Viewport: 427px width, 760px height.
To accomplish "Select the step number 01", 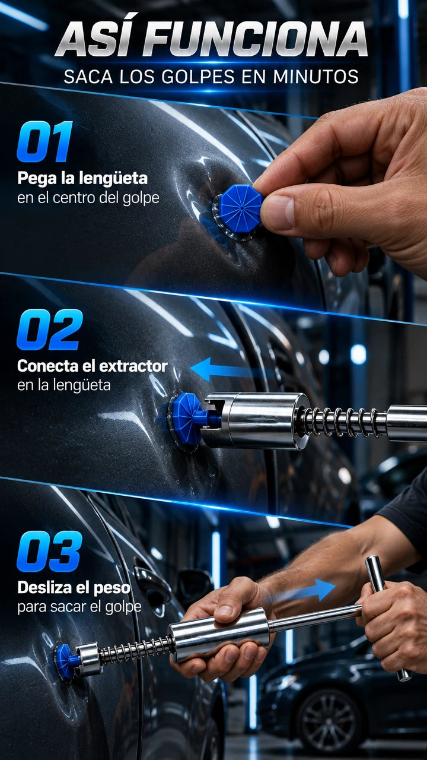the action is point(45,141).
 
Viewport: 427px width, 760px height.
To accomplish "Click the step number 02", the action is point(50,330).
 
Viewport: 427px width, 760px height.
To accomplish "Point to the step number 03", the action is point(49,552).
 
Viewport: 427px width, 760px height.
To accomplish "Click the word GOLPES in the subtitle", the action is point(198,77).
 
